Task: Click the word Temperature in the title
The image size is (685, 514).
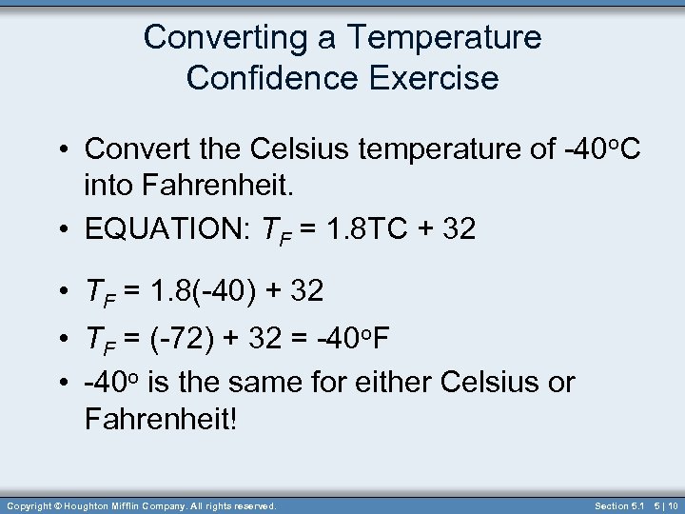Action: click(444, 38)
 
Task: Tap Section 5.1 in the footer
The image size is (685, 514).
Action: click(619, 505)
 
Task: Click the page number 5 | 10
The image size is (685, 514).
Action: click(666, 505)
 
